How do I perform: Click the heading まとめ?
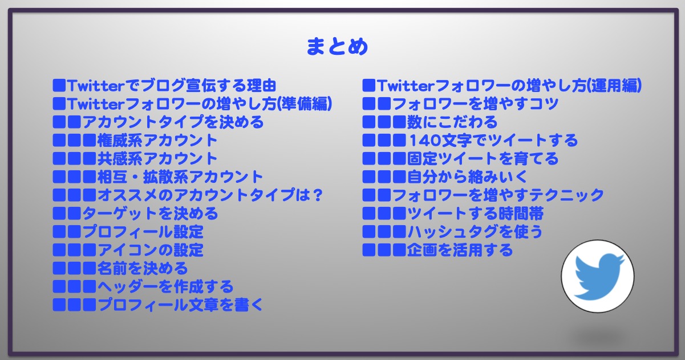tap(337, 46)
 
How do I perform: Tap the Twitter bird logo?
tap(598, 277)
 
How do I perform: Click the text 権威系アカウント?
tap(157, 141)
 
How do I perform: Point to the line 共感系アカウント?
tap(157, 159)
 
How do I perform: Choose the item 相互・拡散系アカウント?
tap(180, 177)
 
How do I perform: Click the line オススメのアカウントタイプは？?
tap(210, 195)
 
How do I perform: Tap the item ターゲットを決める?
tap(150, 214)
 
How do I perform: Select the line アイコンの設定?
tap(151, 250)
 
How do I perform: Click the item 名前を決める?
tap(143, 269)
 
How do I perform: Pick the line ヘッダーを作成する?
tap(165, 286)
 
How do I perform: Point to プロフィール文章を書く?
tap(180, 305)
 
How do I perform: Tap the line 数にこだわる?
tap(452, 122)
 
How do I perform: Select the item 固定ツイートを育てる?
tap(483, 159)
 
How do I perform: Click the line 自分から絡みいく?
tap(468, 177)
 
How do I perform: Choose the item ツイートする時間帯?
tap(475, 214)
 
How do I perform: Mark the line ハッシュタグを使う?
tap(475, 231)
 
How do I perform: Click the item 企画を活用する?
tap(460, 250)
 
